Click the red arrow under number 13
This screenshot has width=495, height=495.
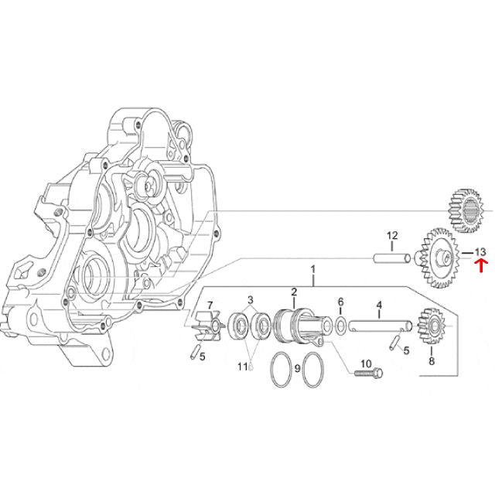click(x=480, y=265)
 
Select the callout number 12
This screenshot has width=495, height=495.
click(x=392, y=235)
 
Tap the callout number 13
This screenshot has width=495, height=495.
click(x=480, y=252)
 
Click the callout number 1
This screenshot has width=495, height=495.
click(x=312, y=269)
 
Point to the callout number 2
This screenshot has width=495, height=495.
click(x=294, y=292)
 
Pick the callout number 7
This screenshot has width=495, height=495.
click(x=210, y=306)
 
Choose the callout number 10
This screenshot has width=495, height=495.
click(x=366, y=364)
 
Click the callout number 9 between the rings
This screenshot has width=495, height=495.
click(x=297, y=369)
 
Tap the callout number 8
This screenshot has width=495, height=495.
click(x=432, y=361)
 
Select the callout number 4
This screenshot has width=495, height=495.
click(x=379, y=306)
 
